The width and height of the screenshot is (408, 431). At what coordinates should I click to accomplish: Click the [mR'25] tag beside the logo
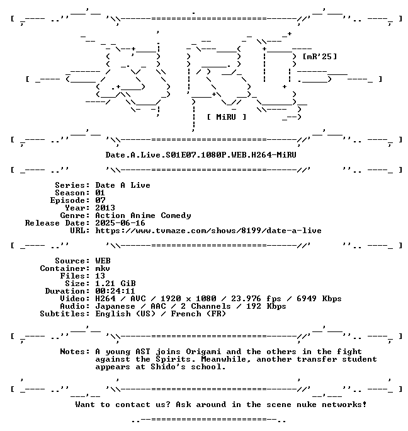click(320, 57)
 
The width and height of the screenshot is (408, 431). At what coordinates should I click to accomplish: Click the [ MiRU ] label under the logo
click(227, 117)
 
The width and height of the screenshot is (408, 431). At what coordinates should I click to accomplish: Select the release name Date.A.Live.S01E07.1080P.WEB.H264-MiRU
click(201, 155)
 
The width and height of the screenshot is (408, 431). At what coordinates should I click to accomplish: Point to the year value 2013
click(105, 208)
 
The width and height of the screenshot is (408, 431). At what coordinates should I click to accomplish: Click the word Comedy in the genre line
click(176, 215)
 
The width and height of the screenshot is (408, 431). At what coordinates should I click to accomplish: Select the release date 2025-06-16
click(120, 223)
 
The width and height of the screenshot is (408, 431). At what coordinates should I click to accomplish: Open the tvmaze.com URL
click(208, 231)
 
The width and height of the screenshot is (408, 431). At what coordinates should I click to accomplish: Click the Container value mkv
click(103, 268)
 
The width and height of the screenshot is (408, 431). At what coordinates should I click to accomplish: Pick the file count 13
click(100, 276)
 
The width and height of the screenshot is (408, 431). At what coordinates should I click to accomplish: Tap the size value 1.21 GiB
click(115, 284)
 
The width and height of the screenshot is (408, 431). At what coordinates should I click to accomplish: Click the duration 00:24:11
click(115, 291)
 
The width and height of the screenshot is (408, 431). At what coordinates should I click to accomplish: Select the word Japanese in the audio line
click(115, 306)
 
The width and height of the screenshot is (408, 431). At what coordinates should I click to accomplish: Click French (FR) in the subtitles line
click(198, 314)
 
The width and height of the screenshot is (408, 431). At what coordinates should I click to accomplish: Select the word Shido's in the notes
click(168, 367)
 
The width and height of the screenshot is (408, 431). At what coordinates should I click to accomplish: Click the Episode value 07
click(100, 200)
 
